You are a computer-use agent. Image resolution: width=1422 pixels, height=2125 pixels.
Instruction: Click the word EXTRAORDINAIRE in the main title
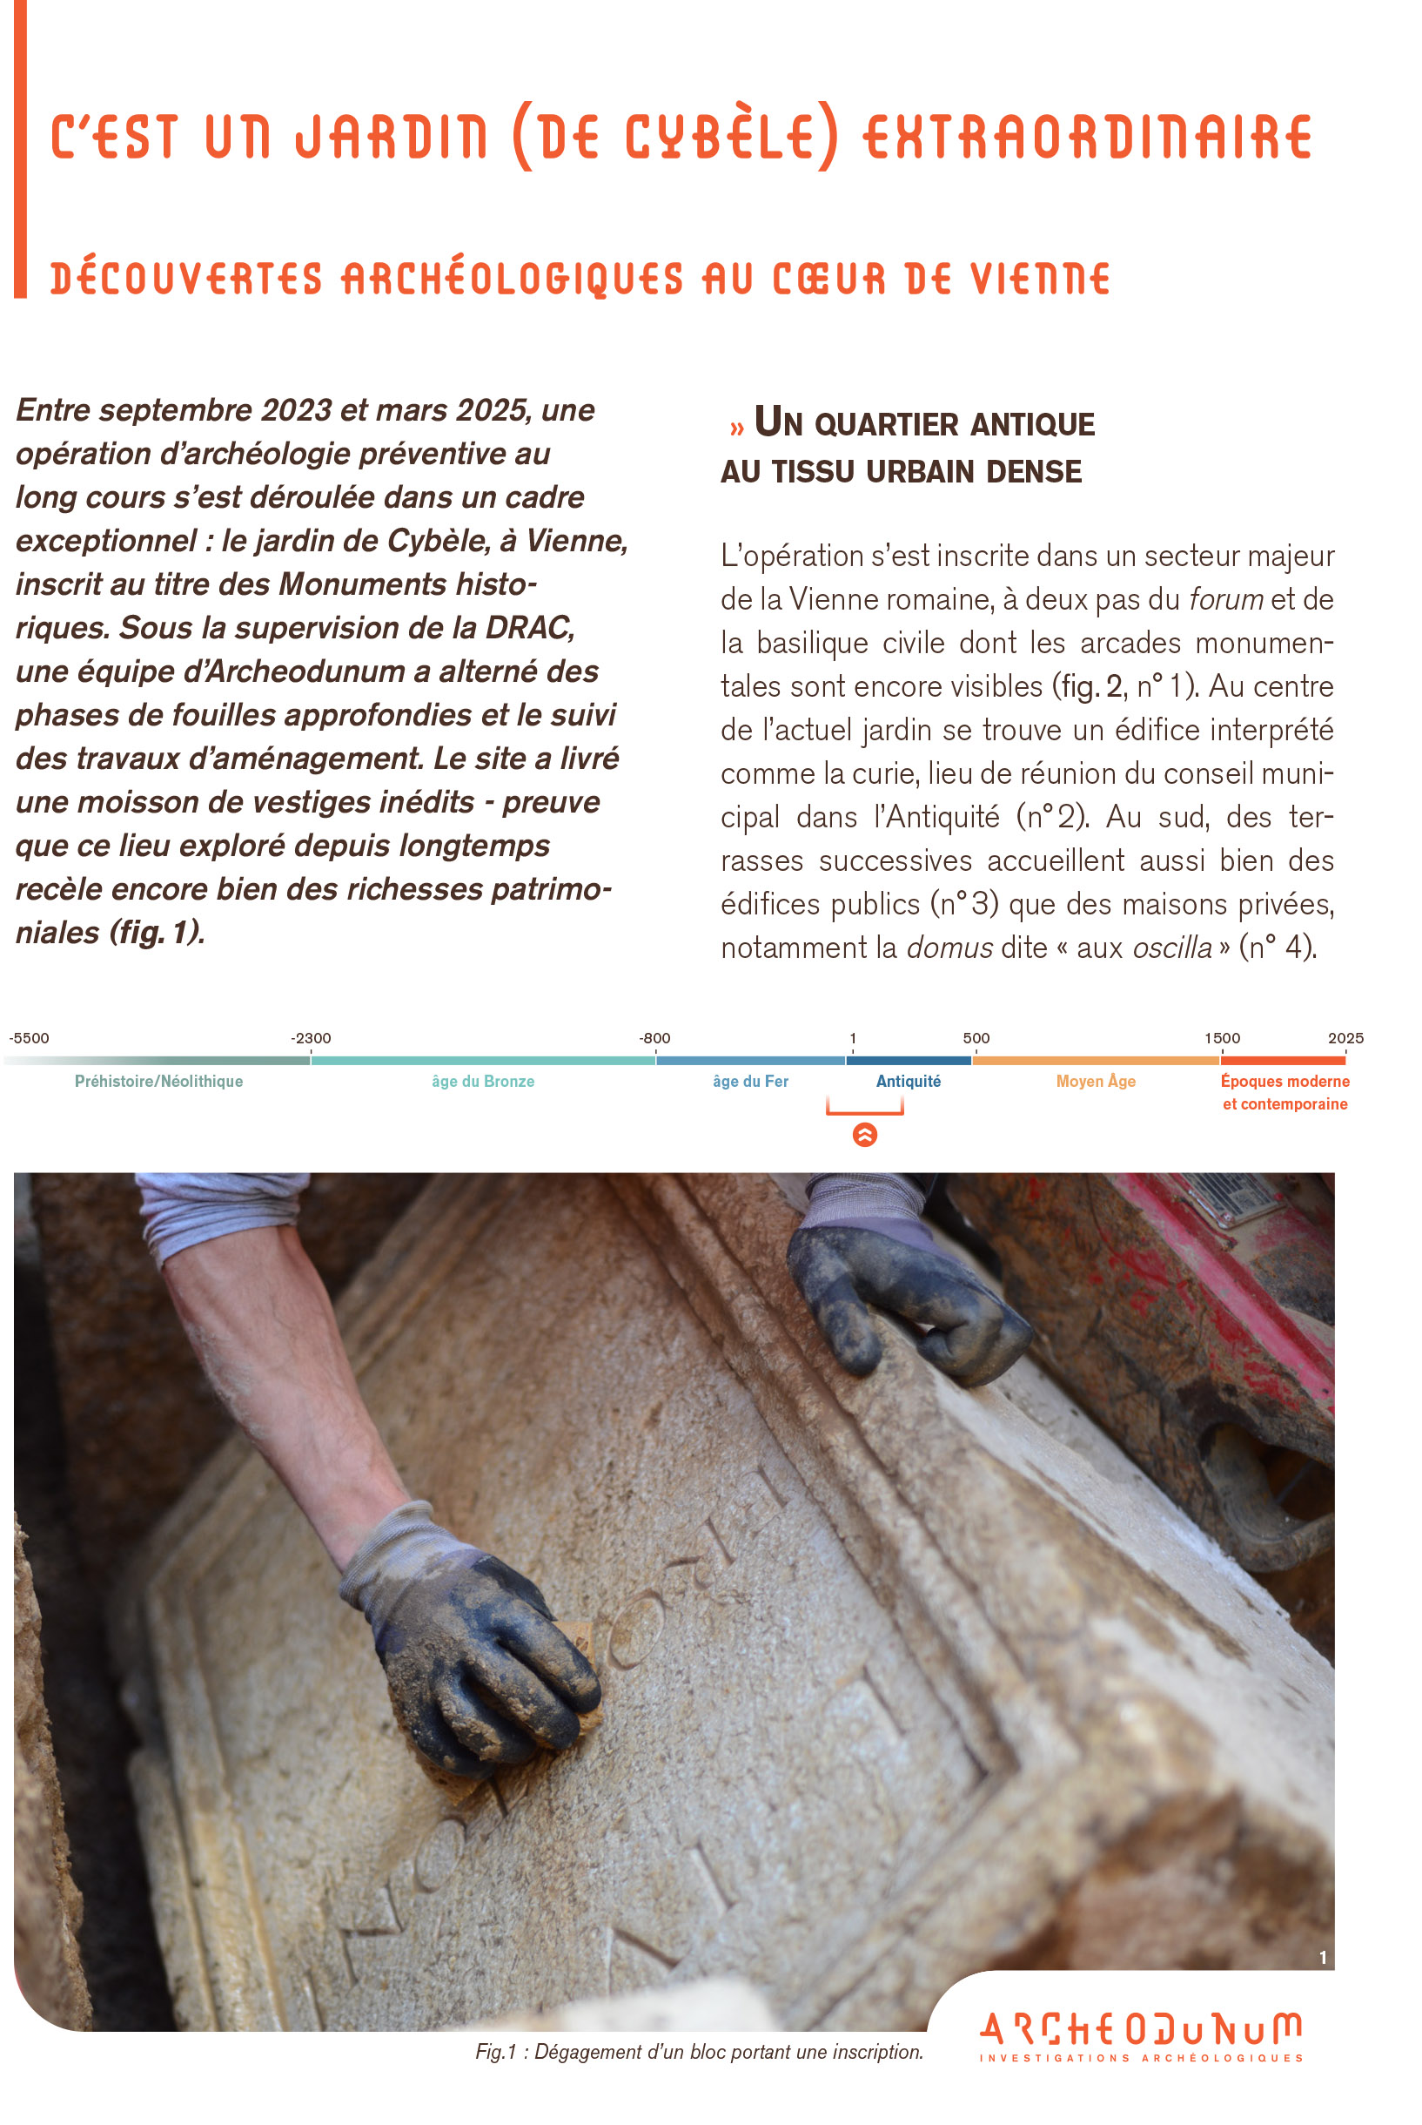(1086, 138)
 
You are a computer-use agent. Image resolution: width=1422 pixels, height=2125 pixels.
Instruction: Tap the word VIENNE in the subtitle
(1040, 279)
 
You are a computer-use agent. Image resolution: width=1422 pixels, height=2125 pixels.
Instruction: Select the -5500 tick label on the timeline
(29, 1038)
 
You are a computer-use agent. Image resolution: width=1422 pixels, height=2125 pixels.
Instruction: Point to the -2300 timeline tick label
(310, 1038)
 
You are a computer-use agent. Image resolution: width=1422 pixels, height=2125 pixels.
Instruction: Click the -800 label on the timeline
(654, 1038)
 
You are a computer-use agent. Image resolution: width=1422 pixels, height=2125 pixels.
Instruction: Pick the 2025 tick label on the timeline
(1345, 1038)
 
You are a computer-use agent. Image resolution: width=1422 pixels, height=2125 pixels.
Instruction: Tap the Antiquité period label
(908, 1082)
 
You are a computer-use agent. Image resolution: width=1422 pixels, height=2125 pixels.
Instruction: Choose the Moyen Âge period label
(1096, 1082)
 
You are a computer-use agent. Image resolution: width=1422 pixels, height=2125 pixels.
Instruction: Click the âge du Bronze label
(482, 1082)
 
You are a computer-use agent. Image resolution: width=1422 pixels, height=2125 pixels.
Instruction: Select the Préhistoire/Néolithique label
(158, 1082)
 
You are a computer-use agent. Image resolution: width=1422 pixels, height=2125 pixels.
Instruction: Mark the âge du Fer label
(750, 1082)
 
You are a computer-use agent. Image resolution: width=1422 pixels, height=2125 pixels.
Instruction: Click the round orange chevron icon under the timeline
(865, 1135)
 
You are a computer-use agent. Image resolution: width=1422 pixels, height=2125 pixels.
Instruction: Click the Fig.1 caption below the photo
(698, 2053)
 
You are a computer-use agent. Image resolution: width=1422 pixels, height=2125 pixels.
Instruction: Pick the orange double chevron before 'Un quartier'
(736, 428)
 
